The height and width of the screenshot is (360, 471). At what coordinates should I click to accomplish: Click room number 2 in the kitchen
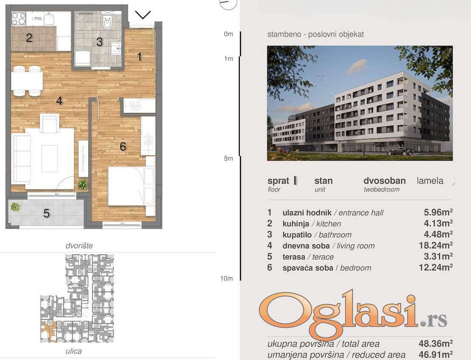(29, 38)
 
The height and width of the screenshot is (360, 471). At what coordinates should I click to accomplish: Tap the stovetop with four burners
(19, 19)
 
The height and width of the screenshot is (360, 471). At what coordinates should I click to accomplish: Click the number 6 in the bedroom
(122, 147)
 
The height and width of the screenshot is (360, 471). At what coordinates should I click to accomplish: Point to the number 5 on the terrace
(46, 213)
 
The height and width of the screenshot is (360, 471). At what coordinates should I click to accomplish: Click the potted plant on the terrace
(15, 207)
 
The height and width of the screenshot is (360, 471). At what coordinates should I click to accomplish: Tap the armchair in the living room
(50, 123)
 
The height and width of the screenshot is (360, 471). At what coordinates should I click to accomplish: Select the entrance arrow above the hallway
(143, 15)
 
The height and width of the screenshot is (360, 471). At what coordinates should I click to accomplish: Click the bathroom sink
(116, 48)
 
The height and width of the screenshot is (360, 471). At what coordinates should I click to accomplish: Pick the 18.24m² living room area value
(436, 246)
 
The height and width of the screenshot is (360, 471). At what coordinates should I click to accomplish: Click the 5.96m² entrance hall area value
(438, 212)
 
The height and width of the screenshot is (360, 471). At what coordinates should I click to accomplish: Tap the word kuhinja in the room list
(296, 224)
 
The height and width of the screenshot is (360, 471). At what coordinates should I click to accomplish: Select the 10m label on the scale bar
(227, 278)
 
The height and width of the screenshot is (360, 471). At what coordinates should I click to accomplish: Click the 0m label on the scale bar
(228, 34)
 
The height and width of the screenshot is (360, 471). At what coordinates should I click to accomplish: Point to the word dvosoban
(384, 181)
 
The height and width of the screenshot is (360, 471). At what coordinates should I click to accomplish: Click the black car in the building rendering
(400, 151)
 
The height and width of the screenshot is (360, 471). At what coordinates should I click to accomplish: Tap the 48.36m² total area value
(436, 343)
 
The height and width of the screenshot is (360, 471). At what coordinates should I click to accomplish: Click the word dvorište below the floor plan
(79, 246)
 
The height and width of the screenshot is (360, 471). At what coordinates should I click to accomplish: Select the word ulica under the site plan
(74, 351)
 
